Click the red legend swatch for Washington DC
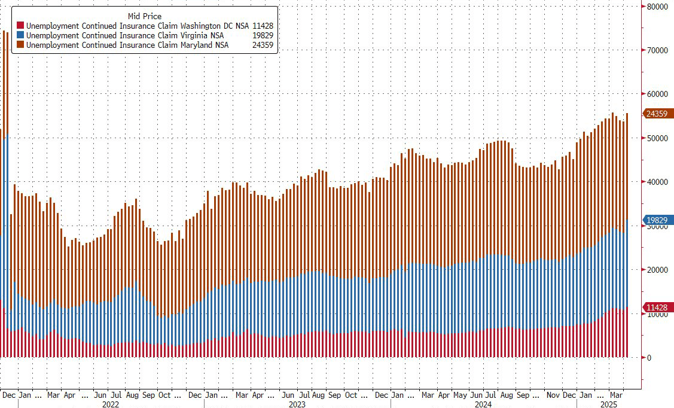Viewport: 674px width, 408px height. point(20,26)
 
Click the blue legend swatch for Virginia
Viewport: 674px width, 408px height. point(20,35)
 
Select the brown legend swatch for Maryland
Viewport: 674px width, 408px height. point(20,45)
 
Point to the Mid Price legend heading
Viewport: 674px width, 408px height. point(145,16)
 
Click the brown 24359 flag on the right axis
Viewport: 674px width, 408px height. point(658,113)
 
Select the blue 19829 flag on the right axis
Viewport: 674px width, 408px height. point(658,220)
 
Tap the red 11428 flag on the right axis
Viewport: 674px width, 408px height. point(658,307)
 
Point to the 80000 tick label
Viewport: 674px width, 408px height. point(657,7)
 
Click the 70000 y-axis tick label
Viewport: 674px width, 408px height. point(657,50)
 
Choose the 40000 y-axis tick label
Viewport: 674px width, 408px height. point(657,182)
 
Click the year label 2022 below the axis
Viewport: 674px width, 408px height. point(111,404)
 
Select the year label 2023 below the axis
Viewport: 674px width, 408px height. point(297,404)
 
